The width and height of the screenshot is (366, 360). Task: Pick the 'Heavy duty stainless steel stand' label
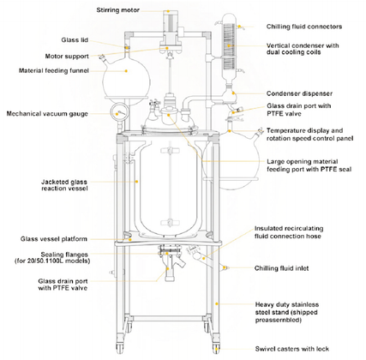click(x=297, y=309)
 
